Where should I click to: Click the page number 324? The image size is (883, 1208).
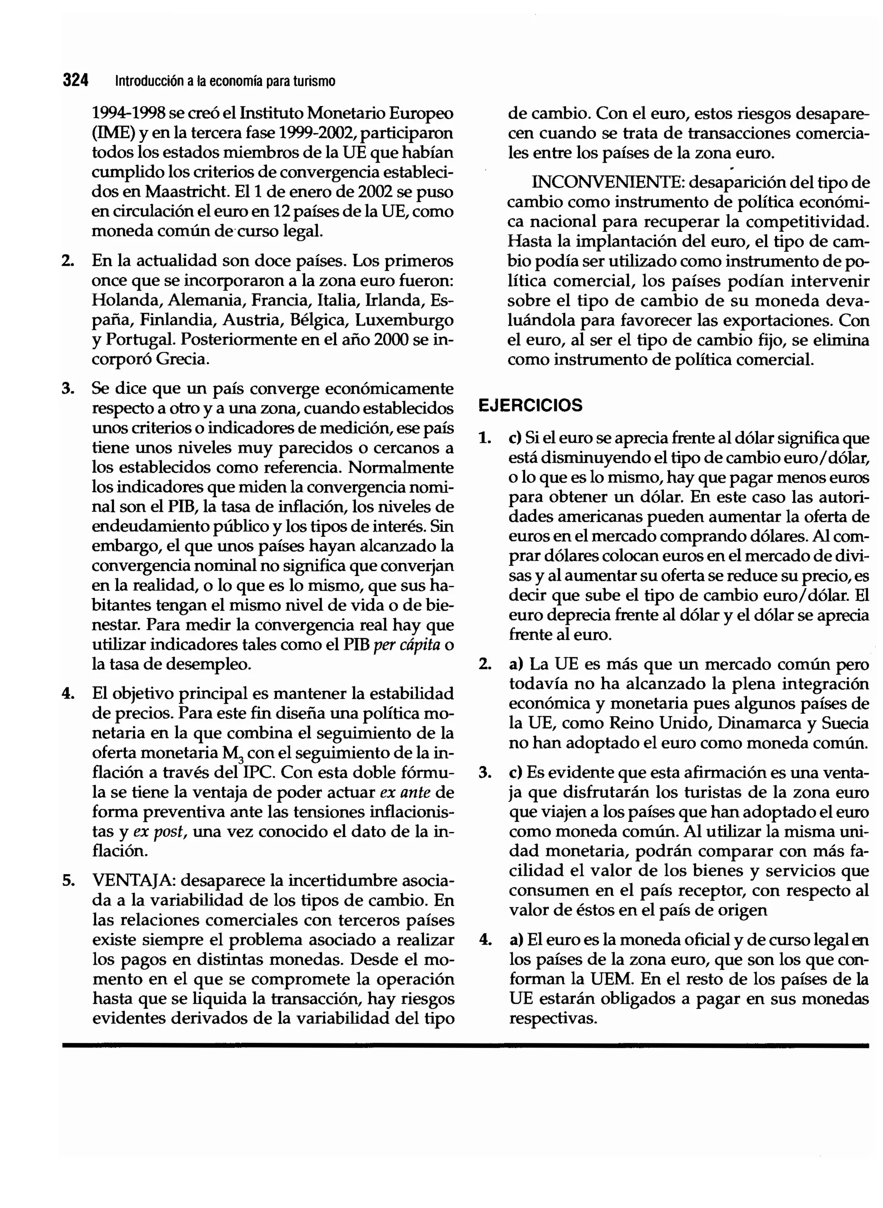pos(75,80)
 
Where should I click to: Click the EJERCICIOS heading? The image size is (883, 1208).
pos(530,405)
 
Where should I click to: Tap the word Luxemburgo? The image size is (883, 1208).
pos(404,320)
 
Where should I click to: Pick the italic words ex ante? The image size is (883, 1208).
pos(405,792)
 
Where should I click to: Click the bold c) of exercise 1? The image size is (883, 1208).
pos(515,438)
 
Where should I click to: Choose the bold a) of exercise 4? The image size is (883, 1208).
pos(515,940)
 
